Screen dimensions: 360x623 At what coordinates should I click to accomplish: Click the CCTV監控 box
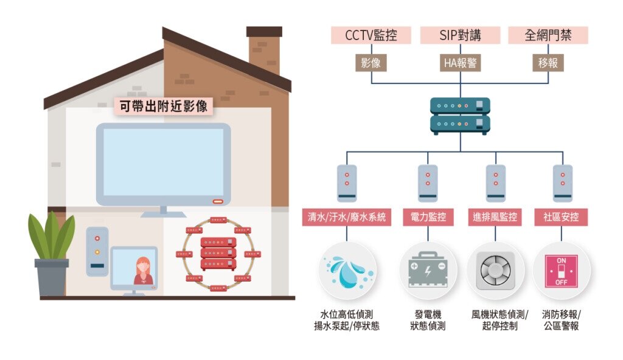click(x=371, y=35)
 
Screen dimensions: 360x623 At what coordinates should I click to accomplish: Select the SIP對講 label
click(x=460, y=35)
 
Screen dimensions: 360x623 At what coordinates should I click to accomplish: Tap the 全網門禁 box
click(x=548, y=35)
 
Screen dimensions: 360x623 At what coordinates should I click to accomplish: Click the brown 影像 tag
click(x=371, y=63)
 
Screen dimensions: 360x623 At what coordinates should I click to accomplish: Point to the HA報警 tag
click(x=460, y=63)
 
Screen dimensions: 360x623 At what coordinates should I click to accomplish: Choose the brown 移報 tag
click(x=548, y=63)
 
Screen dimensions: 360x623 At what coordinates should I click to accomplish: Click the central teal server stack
click(x=460, y=116)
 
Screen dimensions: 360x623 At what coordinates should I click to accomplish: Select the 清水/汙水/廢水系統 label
click(x=347, y=217)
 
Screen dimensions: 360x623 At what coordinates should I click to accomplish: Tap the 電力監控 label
click(x=428, y=217)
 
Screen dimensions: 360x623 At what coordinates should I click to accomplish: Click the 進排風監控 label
click(x=495, y=217)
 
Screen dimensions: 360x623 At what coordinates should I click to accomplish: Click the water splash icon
click(x=347, y=271)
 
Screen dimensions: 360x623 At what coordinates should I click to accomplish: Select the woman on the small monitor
click(x=143, y=271)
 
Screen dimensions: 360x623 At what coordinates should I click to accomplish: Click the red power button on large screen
click(x=217, y=201)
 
